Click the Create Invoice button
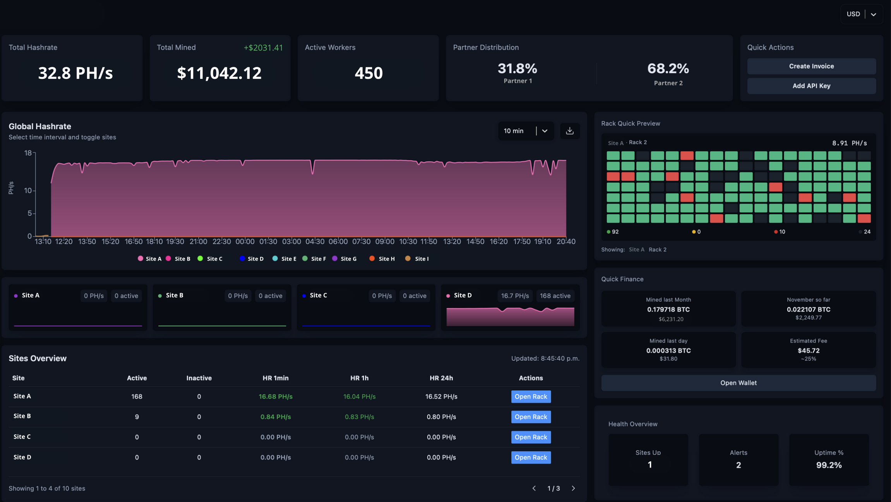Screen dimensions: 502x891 pos(811,66)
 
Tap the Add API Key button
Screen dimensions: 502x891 pos(811,86)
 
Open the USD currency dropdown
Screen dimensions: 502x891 pos(861,14)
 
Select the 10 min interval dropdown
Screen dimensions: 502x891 pos(526,131)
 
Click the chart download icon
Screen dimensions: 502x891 pos(570,131)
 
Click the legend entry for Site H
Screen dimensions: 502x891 pos(382,259)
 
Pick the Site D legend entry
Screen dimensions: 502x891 pos(252,259)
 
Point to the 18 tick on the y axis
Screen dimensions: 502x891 pos(28,153)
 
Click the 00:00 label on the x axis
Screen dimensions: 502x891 pos(245,242)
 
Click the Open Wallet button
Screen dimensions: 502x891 pos(739,383)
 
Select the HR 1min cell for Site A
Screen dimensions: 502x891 pos(276,396)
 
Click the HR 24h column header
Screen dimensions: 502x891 pos(441,378)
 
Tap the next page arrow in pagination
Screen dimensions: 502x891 pos(573,488)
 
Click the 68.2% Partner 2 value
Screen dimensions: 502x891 pos(668,69)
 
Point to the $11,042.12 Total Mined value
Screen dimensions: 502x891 pos(219,73)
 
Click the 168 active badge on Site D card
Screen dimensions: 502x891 pos(555,296)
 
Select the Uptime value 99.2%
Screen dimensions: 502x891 pos(829,465)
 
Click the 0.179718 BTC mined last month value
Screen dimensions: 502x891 pos(668,309)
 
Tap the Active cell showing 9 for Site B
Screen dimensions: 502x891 pos(137,417)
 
